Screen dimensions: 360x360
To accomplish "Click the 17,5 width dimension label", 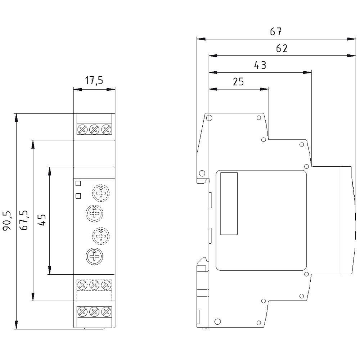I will click(x=94, y=81).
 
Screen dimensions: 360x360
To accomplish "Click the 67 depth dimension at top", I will click(x=276, y=32).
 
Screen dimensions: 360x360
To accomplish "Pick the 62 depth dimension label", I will click(x=282, y=49).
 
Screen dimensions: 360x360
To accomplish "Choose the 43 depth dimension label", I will click(x=260, y=66).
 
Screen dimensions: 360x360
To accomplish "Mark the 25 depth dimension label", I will click(x=238, y=82).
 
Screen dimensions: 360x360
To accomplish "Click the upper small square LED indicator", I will click(x=78, y=183).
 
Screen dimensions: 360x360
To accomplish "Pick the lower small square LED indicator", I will click(x=78, y=196).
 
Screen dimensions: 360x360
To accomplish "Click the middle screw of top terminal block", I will click(x=94, y=129).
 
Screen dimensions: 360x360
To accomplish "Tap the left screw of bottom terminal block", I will click(x=82, y=311).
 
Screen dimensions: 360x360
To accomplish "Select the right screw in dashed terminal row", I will click(x=106, y=285).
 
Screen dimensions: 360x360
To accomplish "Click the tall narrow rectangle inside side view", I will click(x=229, y=203).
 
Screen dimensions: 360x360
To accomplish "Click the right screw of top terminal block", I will click(x=106, y=129).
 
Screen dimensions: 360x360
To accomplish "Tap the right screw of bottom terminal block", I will click(x=106, y=311).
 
